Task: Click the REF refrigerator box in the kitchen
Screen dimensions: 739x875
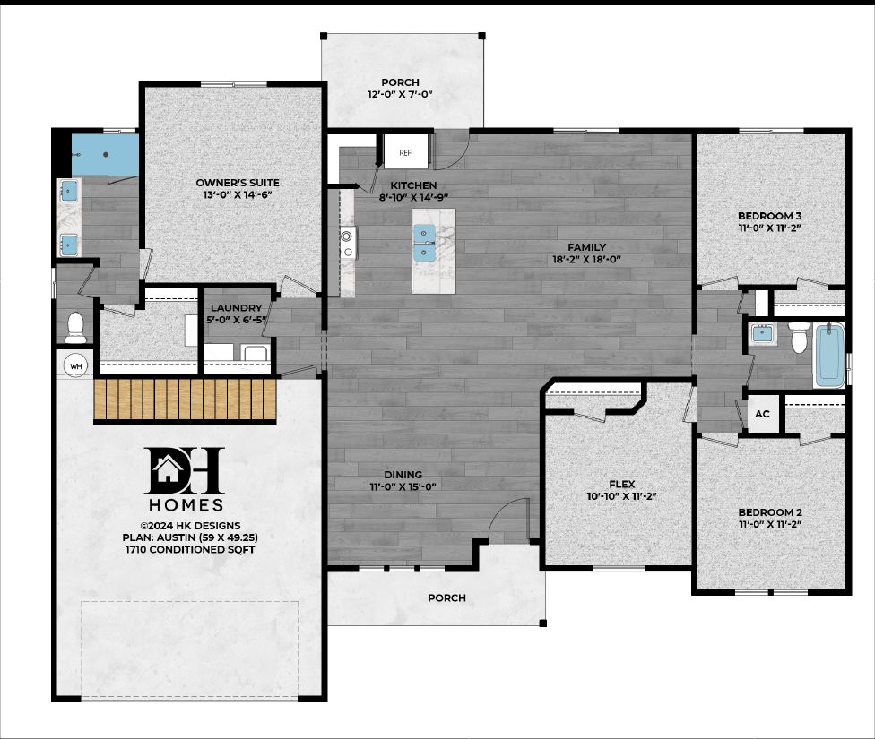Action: (x=405, y=152)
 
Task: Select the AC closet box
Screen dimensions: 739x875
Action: (x=763, y=415)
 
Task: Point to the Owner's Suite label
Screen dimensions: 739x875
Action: (x=232, y=183)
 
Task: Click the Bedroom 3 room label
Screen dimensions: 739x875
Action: (x=770, y=216)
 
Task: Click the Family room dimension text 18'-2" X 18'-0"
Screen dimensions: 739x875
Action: (x=587, y=260)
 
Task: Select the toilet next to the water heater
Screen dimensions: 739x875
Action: (x=75, y=327)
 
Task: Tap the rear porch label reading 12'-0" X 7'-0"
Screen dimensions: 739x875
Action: (x=399, y=94)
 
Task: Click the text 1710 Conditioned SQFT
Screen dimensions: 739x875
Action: (x=190, y=549)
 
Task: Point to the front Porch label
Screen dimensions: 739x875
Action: (x=446, y=597)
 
